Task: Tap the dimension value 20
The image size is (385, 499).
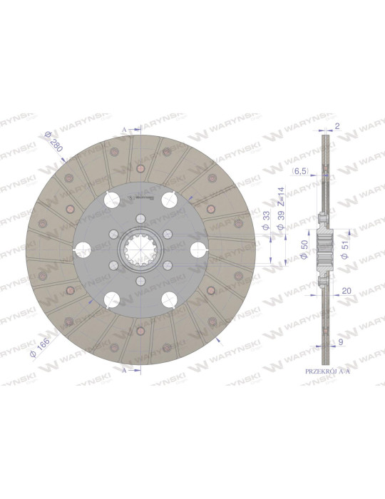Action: [x=345, y=290]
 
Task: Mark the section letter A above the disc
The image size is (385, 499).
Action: [x=124, y=129]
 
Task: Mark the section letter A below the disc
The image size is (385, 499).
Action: [x=124, y=371]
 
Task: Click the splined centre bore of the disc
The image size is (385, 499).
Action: [x=139, y=249]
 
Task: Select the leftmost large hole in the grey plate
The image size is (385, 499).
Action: [x=83, y=249]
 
